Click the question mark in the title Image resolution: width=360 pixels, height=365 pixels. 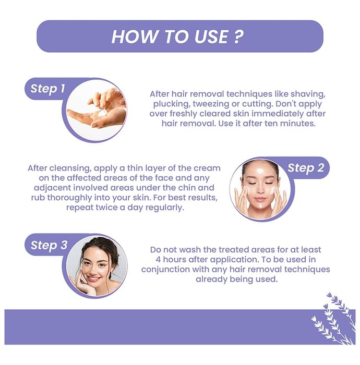[238, 36]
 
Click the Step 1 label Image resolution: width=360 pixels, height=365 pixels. [47, 89]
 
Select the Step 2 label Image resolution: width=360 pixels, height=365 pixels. [306, 168]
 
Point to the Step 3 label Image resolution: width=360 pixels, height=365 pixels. [49, 245]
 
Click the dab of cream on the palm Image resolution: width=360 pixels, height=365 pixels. [102, 114]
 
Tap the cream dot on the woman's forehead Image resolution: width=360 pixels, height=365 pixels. [260, 172]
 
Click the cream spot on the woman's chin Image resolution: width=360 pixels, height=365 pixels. [260, 206]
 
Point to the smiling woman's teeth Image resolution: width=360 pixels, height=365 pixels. [93, 278]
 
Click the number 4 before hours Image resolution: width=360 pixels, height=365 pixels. [158, 260]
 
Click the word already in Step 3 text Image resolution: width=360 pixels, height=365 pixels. [211, 279]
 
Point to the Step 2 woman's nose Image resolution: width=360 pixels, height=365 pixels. [260, 191]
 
